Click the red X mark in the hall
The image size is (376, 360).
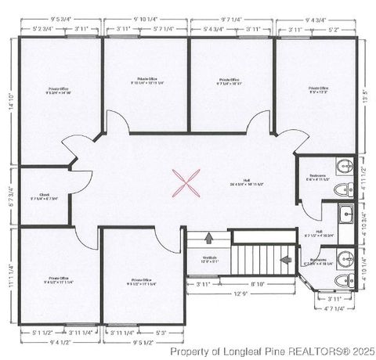coord(185,183)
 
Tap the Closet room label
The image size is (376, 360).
coord(44,195)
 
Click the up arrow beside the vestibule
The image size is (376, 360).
coord(209,238)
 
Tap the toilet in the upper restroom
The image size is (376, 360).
coord(338,190)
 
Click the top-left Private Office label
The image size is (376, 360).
coord(59,91)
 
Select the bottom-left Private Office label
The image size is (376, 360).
coord(59,279)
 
